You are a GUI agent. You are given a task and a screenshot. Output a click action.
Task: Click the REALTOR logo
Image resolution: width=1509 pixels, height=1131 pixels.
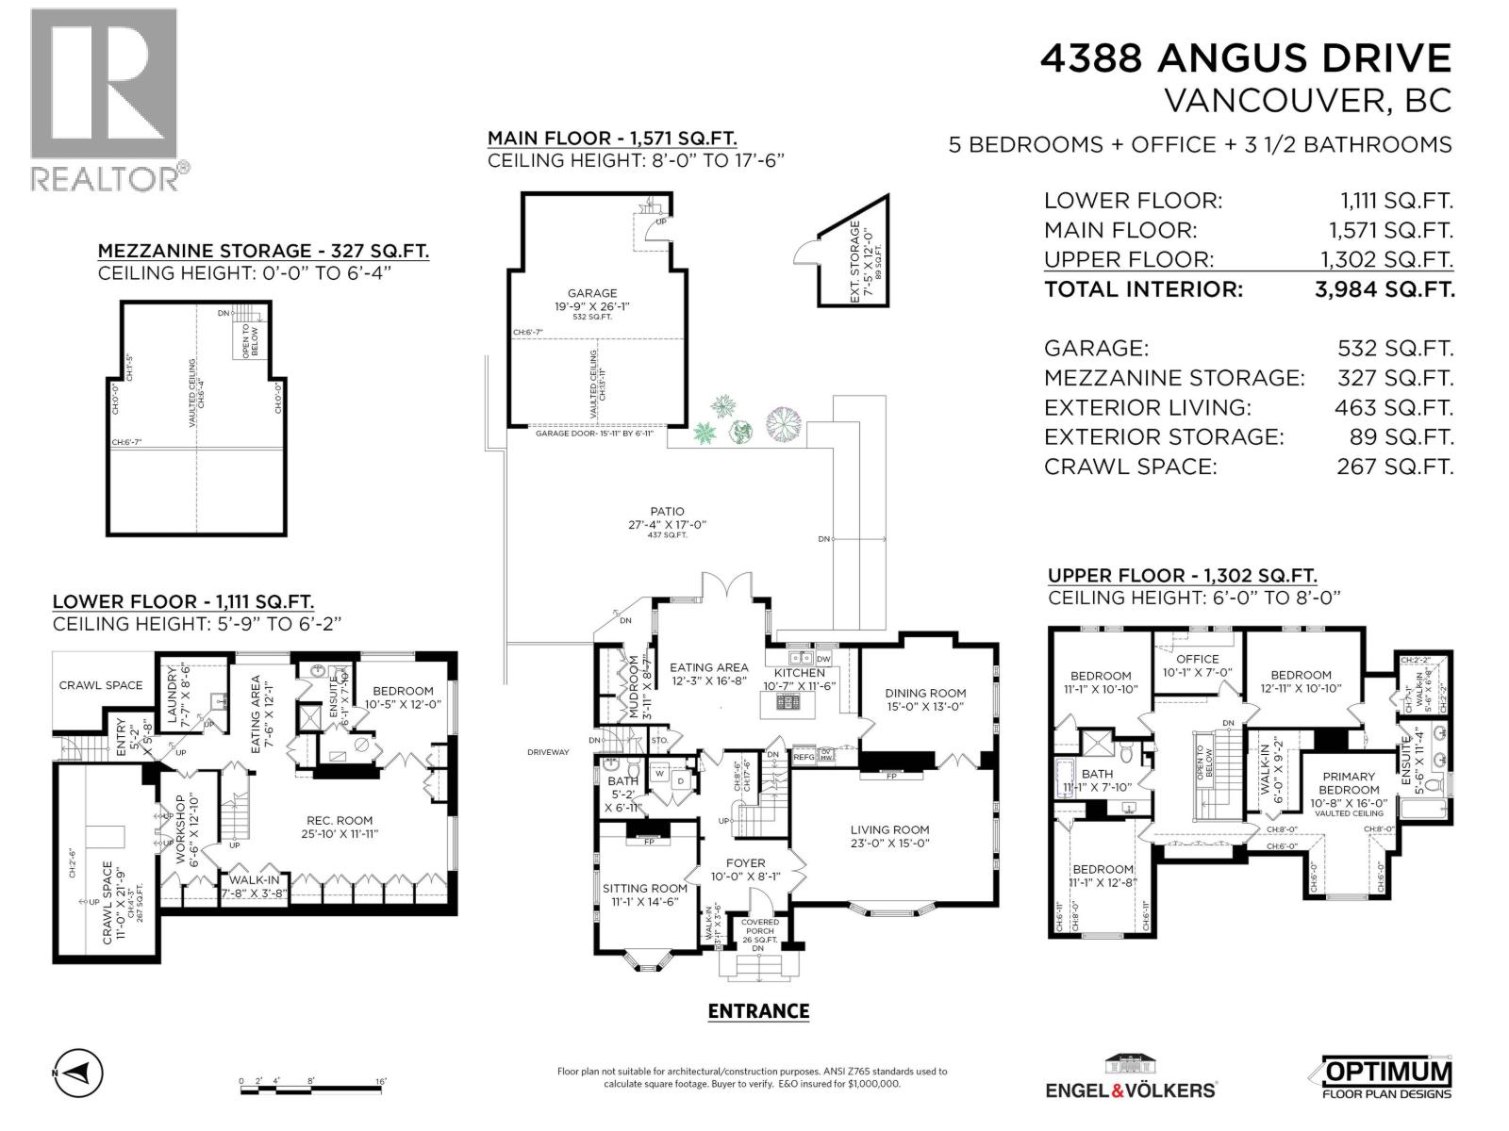(104, 99)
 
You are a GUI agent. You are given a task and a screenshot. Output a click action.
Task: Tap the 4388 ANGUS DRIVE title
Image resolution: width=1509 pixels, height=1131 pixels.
(1245, 58)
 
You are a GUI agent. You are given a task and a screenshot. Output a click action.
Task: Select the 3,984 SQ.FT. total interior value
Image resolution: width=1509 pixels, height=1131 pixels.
(1384, 289)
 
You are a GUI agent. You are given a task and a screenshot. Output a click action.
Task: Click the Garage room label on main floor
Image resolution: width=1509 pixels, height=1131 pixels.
(591, 294)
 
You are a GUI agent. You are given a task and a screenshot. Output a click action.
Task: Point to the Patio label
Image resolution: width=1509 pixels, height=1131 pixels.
(667, 512)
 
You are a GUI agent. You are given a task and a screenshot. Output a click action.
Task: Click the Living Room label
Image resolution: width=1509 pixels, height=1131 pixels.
(889, 830)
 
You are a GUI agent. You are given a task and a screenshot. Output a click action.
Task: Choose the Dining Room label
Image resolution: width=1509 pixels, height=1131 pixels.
(925, 693)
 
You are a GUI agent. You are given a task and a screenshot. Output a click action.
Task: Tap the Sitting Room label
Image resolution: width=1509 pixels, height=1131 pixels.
(644, 888)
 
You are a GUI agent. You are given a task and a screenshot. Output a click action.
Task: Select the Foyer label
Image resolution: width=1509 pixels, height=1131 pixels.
(745, 862)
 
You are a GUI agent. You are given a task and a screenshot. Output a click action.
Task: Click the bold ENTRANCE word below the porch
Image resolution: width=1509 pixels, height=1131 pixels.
(758, 1011)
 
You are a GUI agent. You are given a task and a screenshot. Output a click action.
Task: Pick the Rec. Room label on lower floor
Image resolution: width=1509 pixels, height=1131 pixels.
(340, 820)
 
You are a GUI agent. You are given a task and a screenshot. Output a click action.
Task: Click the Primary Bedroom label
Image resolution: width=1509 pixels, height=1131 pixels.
(1348, 783)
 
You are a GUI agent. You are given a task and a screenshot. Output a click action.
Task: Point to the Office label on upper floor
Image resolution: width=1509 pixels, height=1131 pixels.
(1198, 659)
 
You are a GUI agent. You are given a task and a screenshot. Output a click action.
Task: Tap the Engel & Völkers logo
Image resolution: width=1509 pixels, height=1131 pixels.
(1130, 1075)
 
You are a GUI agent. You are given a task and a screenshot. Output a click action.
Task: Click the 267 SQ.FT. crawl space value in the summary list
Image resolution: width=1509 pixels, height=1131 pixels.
(1394, 467)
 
